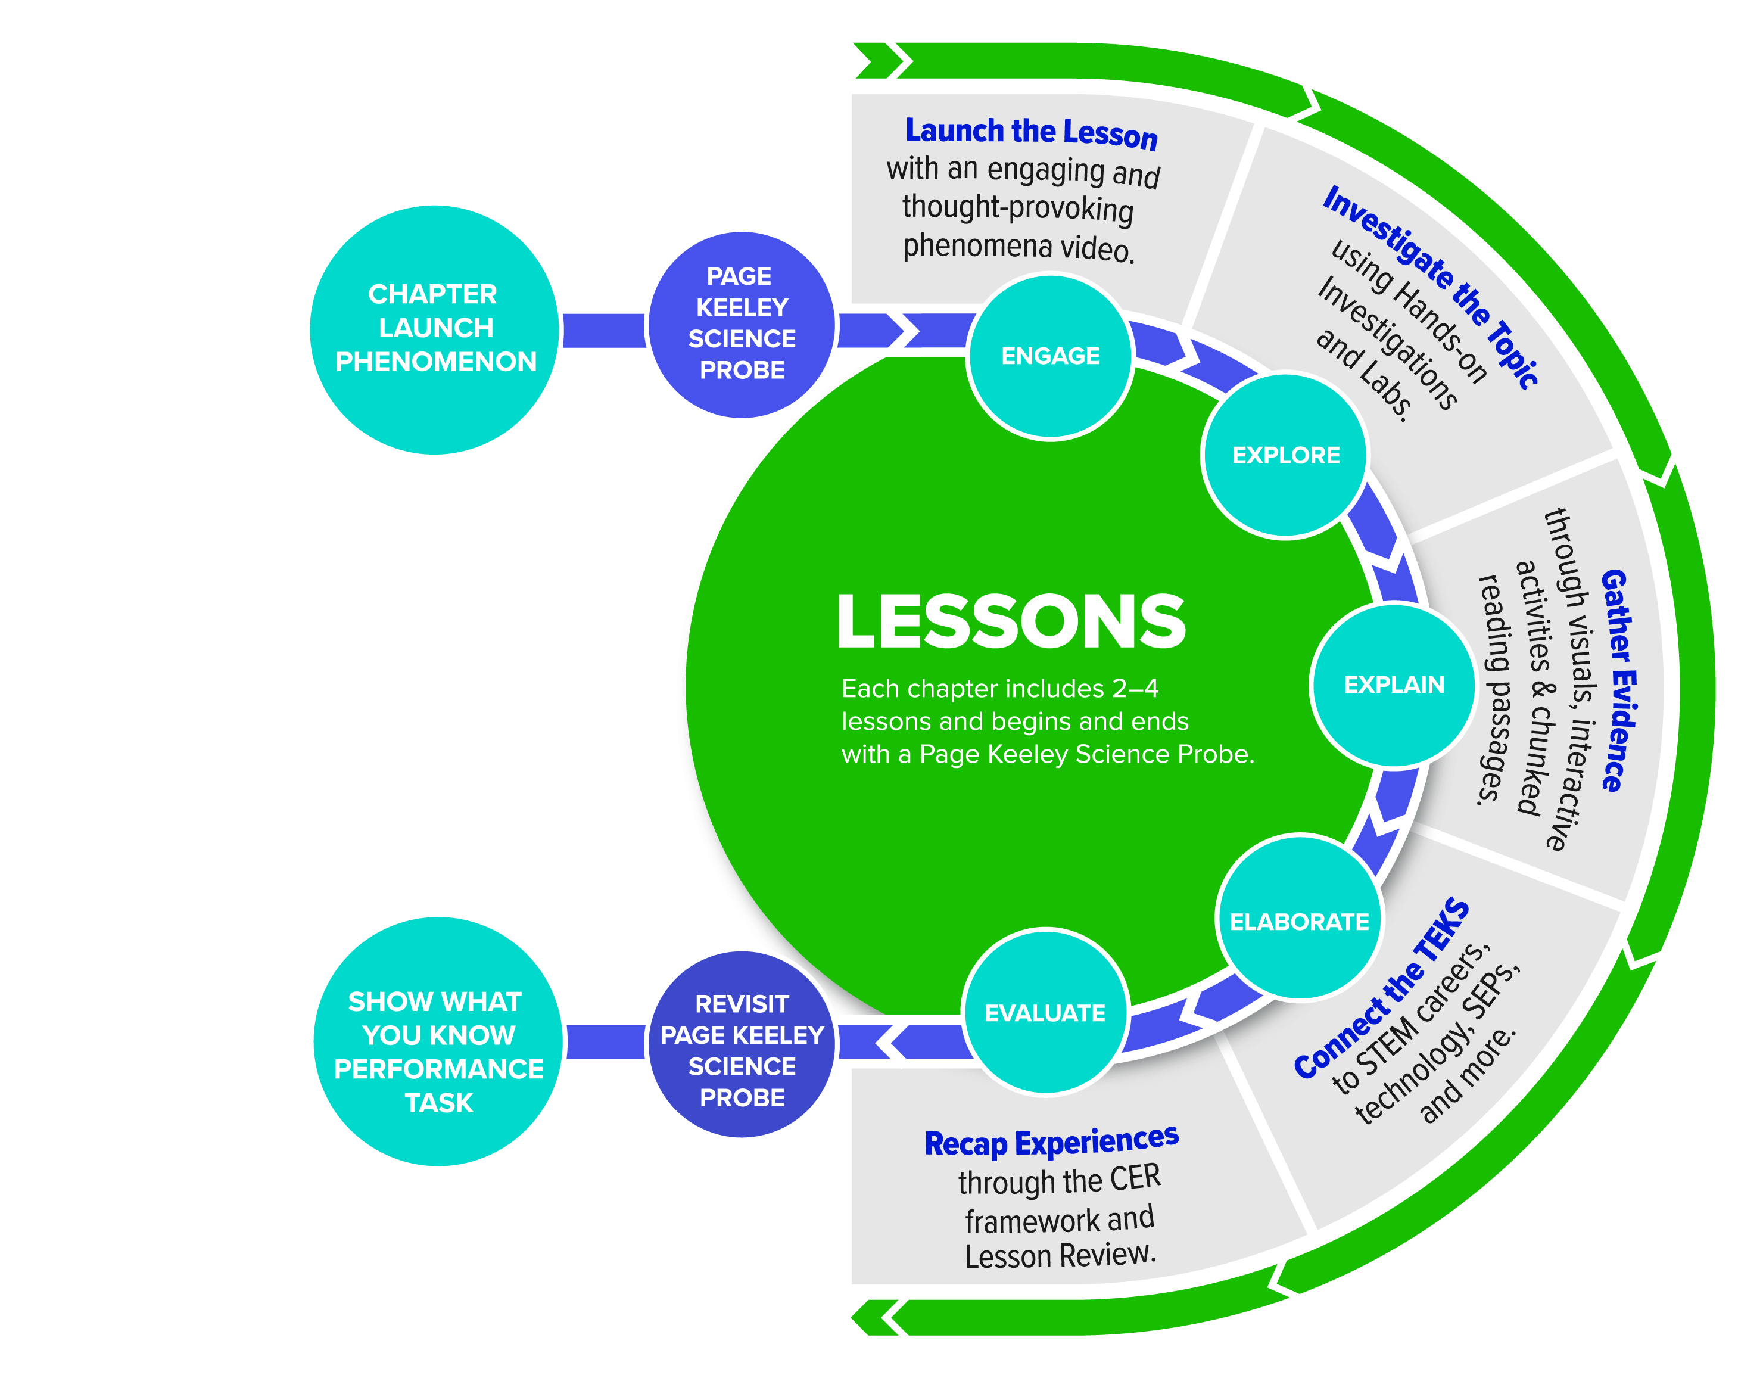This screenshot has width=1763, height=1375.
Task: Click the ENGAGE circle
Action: tap(1049, 357)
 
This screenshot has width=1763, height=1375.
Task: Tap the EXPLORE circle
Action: tap(1285, 455)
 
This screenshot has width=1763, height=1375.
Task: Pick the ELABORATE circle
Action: tap(1299, 920)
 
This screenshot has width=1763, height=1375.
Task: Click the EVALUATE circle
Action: tap(1045, 1012)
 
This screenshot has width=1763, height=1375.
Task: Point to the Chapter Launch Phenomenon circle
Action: tap(435, 329)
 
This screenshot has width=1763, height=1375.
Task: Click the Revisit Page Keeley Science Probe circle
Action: tap(742, 1050)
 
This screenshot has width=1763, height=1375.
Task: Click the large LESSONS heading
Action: tap(1011, 622)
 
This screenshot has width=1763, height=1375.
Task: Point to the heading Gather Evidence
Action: tap(1618, 680)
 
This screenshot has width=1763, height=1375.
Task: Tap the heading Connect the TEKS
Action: tap(1382, 989)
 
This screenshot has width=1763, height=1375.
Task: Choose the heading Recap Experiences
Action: tap(1051, 1141)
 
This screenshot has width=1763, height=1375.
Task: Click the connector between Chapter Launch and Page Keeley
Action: tap(604, 330)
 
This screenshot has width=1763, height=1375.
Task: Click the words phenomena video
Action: tap(1018, 246)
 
